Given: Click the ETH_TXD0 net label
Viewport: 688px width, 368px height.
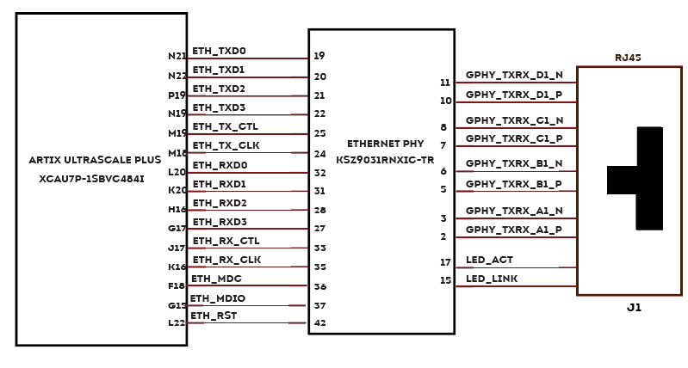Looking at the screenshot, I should (x=219, y=51).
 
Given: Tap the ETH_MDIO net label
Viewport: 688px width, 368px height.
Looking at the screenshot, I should (x=218, y=297).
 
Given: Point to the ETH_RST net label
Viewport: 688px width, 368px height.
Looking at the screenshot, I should (x=213, y=316).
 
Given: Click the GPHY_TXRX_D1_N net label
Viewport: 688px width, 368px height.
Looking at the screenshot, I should (x=514, y=75).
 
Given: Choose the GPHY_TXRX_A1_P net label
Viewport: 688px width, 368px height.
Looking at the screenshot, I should (x=514, y=230).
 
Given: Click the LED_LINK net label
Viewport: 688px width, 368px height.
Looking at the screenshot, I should (x=491, y=279).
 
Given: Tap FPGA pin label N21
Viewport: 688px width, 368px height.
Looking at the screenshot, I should (x=177, y=57).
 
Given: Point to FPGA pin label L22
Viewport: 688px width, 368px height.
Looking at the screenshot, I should (x=177, y=323).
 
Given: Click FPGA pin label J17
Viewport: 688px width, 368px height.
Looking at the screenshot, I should (x=177, y=248).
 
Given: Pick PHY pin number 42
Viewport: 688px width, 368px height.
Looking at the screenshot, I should (x=319, y=323).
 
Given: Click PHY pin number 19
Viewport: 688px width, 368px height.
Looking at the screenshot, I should (x=319, y=57).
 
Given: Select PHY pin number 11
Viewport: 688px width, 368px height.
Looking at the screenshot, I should (x=445, y=83).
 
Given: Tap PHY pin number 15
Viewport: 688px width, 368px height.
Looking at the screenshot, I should (x=445, y=280).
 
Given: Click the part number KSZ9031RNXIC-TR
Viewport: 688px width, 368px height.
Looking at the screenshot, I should (x=385, y=160).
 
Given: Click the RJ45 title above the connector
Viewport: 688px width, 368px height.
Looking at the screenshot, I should (x=628, y=58).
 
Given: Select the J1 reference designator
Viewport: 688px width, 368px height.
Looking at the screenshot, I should (x=634, y=307).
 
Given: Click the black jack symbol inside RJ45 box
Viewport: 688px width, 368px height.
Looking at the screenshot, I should (x=642, y=179).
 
